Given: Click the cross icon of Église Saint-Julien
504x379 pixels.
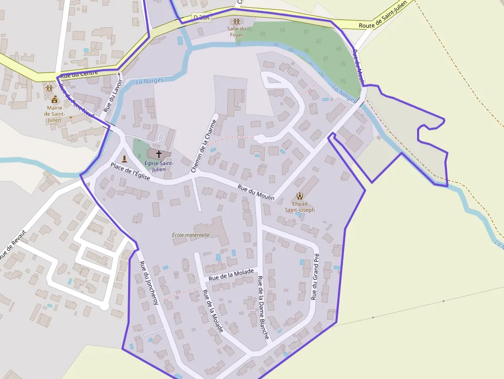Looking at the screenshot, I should coord(159,154).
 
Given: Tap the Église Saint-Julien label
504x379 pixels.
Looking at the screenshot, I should coord(159,166).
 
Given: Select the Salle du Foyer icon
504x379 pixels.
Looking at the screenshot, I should coord(236,22).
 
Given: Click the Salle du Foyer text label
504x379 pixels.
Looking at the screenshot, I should coord(236,31).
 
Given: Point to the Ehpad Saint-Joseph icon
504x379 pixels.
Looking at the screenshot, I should coord(300,195).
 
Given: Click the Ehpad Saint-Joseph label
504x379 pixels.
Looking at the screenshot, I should coord(300,207).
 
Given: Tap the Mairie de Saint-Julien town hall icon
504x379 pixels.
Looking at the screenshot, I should coord(55,99).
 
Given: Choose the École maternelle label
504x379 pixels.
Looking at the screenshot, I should coord(191,235).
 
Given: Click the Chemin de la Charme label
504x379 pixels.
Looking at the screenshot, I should coord(204,146).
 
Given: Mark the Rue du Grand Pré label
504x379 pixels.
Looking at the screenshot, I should coord(315,277).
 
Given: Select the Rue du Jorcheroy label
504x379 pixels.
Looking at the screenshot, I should coord(149,283).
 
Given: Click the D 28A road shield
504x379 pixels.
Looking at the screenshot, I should coord(202,17).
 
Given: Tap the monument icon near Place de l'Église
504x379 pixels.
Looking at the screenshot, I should coord(124,158).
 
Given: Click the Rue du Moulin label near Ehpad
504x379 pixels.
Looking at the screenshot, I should coord(256,192).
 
